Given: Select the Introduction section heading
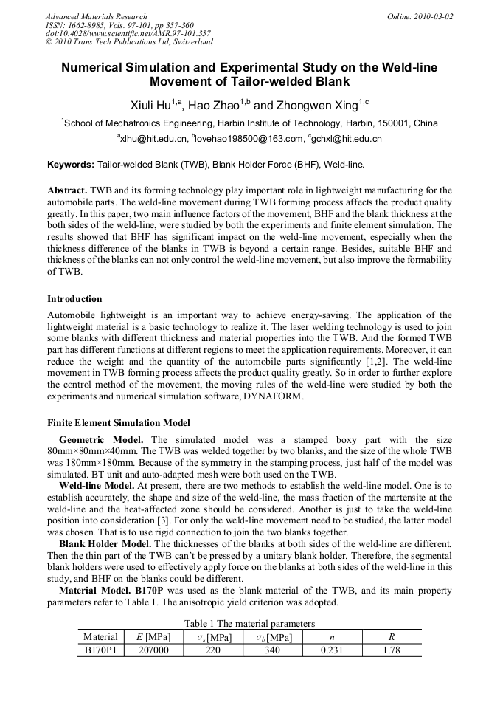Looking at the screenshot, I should click(x=74, y=299).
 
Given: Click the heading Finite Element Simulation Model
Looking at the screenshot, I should click(x=119, y=423).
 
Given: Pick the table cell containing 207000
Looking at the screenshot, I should click(x=153, y=650).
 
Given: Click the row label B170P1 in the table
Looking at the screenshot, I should click(x=101, y=650).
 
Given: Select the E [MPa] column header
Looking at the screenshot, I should click(x=153, y=636).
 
